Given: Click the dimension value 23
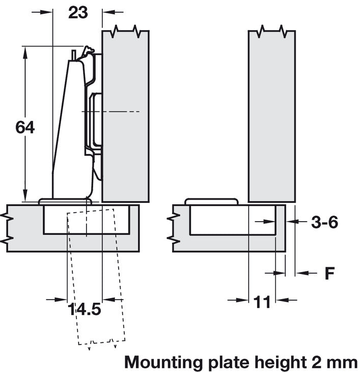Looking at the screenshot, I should click(77, 13).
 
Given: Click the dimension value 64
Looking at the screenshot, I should click(25, 127).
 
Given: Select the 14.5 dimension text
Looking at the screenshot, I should click(85, 309).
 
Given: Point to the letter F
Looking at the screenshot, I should click(329, 274).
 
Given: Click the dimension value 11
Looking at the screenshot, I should click(262, 302).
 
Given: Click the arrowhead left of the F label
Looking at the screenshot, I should click(300, 274).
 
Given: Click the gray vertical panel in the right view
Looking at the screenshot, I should click(272, 117).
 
